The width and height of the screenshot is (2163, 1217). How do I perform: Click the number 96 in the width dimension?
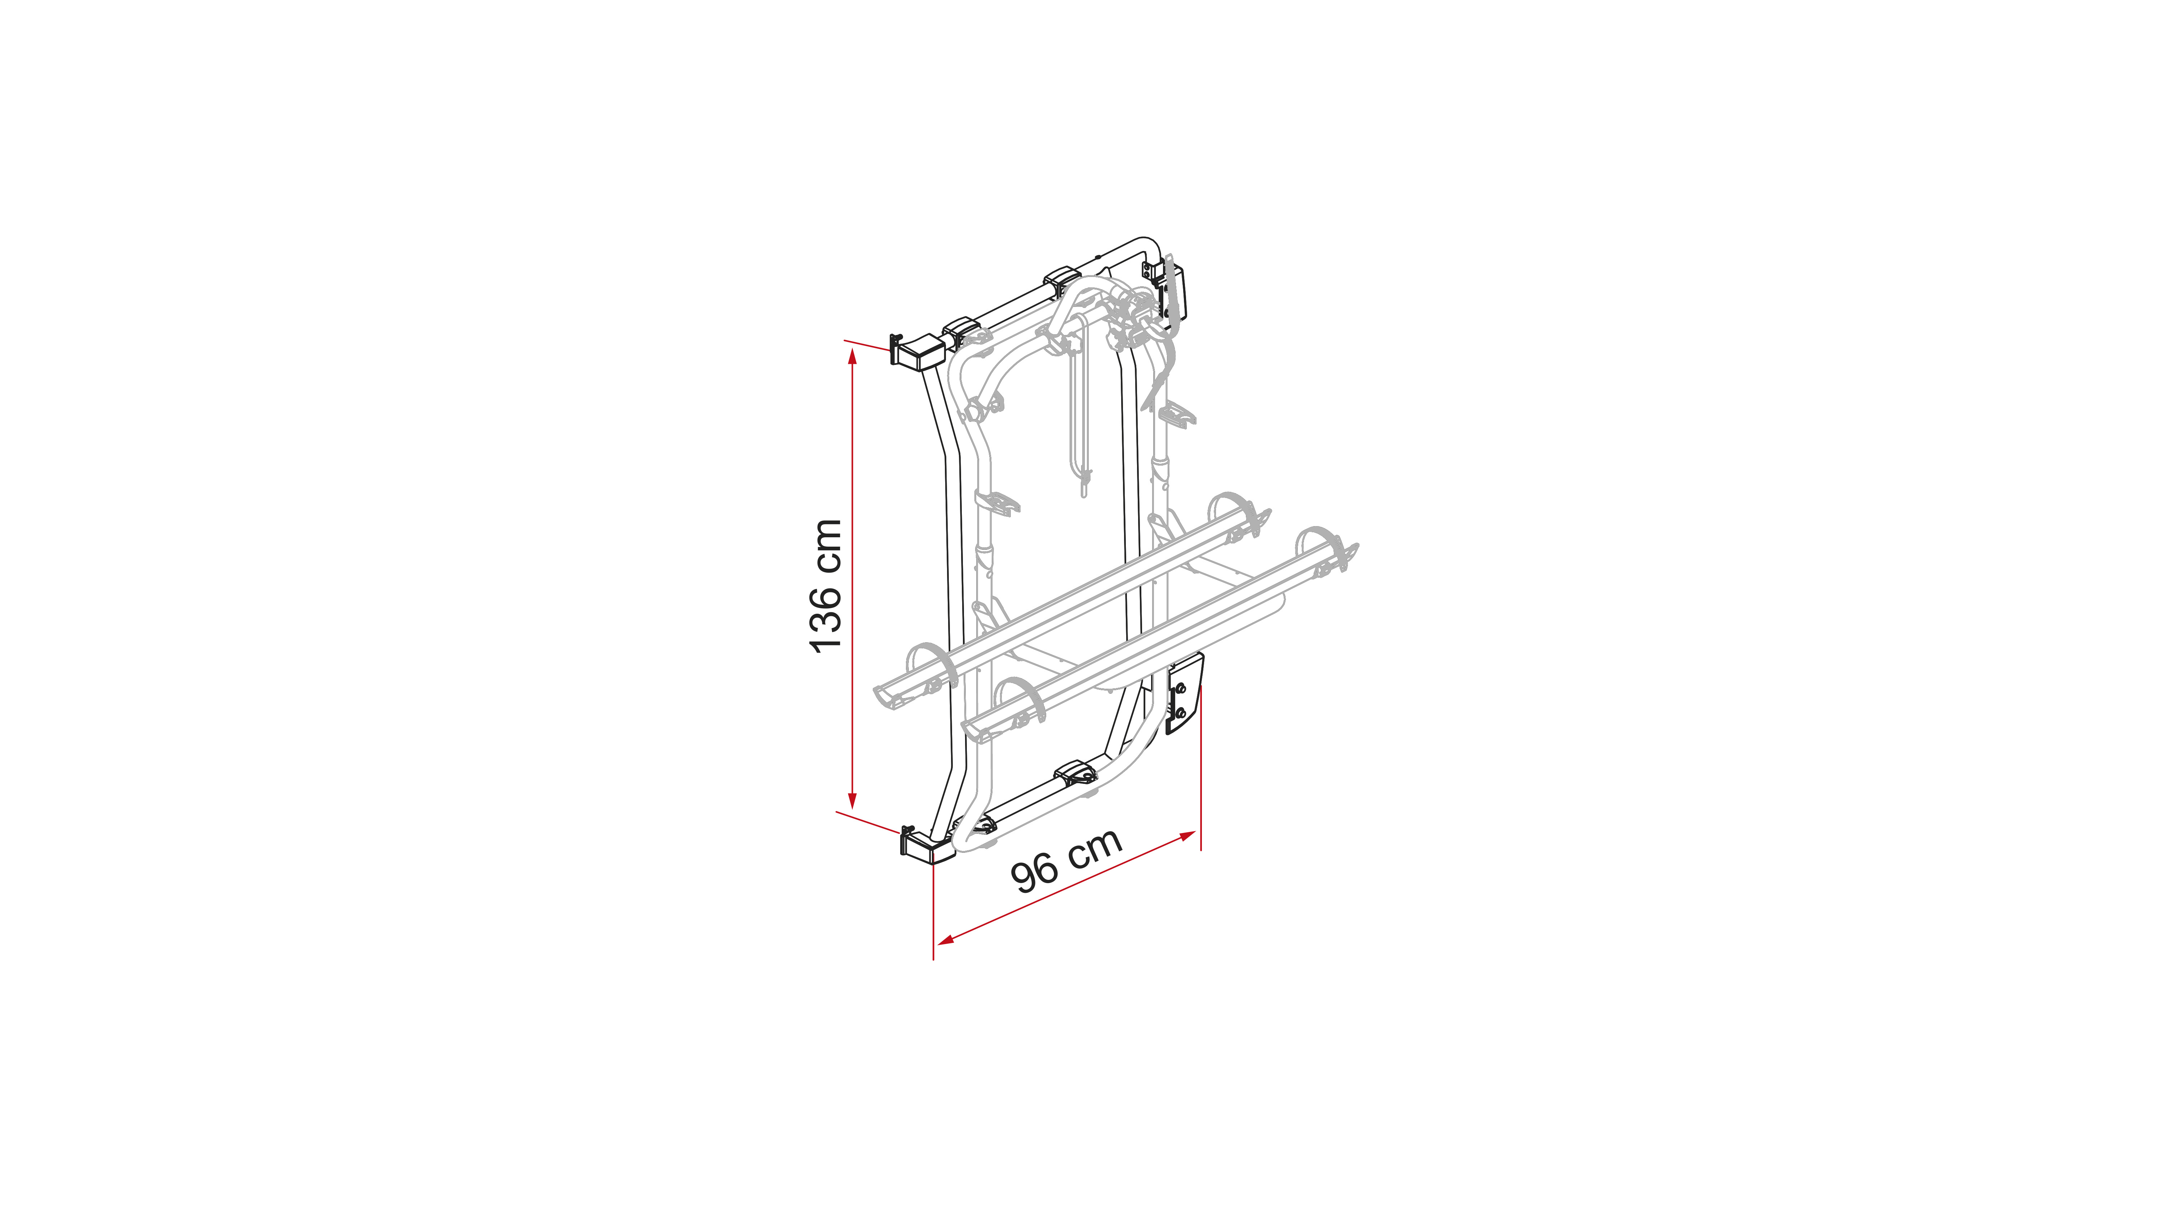(1035, 873)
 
